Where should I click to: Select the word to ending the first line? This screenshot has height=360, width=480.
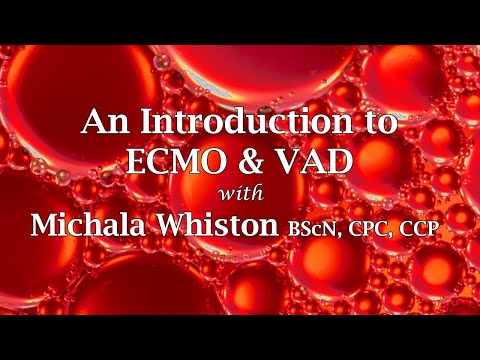click(378, 125)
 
